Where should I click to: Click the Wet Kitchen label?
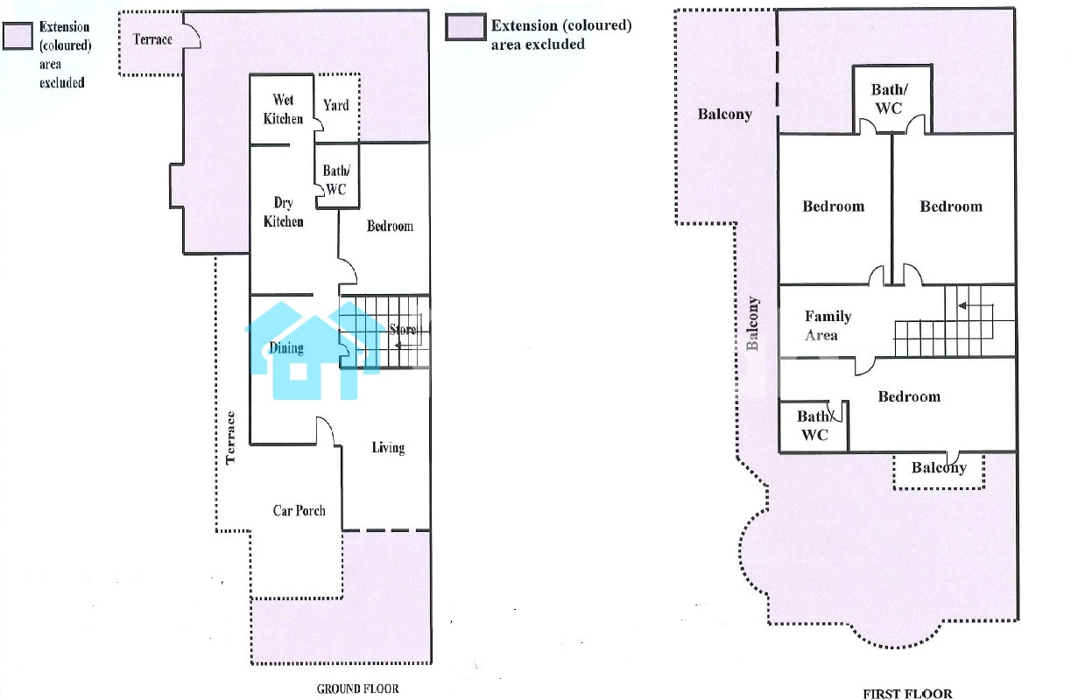pos(284,109)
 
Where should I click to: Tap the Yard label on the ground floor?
pos(336,105)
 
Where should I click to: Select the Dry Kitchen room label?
pos(284,212)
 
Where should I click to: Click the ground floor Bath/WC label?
pos(336,180)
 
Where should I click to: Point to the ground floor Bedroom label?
pos(390,226)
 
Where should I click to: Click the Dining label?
pos(286,348)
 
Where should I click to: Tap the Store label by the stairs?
pos(403,330)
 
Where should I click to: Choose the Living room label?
pos(389,448)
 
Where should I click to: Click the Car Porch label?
pos(299,511)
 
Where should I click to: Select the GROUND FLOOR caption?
pos(358,689)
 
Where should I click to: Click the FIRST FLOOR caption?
pos(908,694)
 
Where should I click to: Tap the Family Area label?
pos(828,325)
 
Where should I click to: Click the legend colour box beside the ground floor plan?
pos(18,36)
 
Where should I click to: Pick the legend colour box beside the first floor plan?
pos(466,27)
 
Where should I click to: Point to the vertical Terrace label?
pos(230,437)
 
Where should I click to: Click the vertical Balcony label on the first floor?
pos(752,324)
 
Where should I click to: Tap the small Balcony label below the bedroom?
pos(939,467)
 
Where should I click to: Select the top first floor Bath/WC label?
pos(890,99)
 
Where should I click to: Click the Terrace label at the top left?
pos(152,39)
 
